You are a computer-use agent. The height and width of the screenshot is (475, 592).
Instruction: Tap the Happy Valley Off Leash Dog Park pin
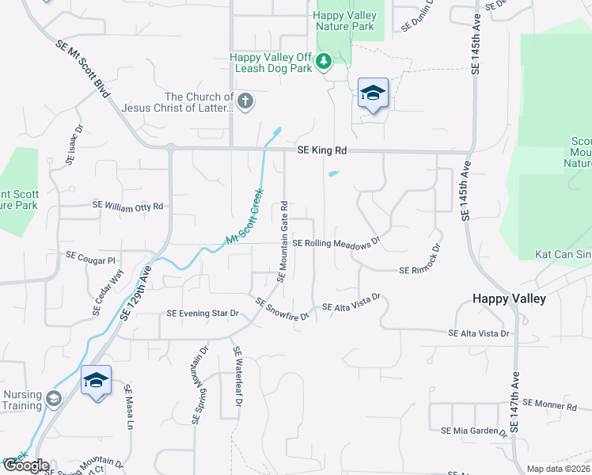click(x=323, y=61)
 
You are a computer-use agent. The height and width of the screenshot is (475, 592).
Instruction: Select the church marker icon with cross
click(x=245, y=101)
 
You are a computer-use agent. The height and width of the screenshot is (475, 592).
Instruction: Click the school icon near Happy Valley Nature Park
click(x=373, y=93)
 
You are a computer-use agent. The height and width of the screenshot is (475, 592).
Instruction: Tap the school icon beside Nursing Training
click(x=96, y=381)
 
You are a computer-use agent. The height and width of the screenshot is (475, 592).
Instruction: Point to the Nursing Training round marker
click(x=54, y=397)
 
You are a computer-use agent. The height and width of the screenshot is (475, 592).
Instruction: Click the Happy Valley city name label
click(x=509, y=298)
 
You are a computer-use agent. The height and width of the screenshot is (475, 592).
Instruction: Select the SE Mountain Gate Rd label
click(x=283, y=241)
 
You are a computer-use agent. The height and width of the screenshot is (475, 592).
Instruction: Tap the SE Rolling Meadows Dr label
click(x=337, y=244)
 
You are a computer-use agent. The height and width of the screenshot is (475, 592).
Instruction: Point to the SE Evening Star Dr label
click(x=203, y=313)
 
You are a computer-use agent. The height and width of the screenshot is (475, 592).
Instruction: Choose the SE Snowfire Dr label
click(x=281, y=309)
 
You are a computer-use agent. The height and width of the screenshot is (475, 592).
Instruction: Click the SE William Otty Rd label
click(x=127, y=206)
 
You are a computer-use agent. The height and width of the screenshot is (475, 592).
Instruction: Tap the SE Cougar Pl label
click(x=91, y=257)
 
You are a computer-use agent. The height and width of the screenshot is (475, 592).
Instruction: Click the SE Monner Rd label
click(x=550, y=406)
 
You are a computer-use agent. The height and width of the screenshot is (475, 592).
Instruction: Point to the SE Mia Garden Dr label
click(x=473, y=431)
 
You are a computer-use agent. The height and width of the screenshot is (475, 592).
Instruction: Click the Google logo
click(x=25, y=466)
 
